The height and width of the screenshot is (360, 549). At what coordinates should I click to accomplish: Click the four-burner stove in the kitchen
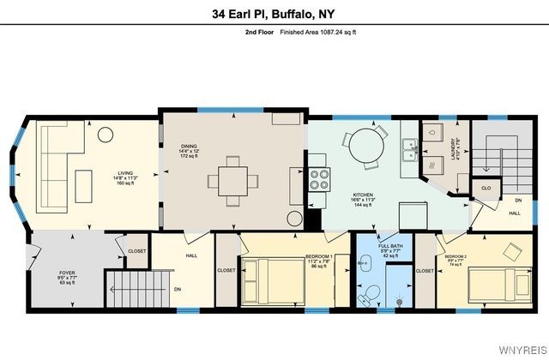click(320, 178)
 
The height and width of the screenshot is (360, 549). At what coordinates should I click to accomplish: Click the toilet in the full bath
click(370, 295)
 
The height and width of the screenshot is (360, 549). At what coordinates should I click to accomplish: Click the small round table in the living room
click(106, 134)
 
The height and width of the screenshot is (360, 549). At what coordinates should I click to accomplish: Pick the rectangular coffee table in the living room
click(84, 184)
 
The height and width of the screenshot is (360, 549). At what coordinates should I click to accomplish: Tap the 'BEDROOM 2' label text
click(455, 256)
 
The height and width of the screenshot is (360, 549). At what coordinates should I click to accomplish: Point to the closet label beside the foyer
click(137, 251)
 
